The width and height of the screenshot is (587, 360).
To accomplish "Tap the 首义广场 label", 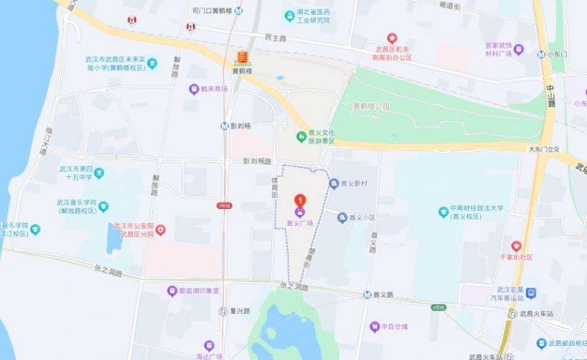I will point(299,222).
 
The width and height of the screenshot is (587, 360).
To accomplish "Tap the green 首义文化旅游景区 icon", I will point(301,136).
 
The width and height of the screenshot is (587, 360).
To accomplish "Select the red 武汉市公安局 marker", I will point(161,229).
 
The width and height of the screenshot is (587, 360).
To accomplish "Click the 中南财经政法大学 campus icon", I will point(442,212).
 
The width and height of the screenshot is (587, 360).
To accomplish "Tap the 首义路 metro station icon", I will point(366,295).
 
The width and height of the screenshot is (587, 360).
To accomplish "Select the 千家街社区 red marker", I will point(516,247).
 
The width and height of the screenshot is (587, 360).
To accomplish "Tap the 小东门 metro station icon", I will point(541,54).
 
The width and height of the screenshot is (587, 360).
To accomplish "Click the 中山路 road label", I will point(551,94).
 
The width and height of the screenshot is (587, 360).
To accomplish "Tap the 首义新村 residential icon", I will point(334,183).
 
